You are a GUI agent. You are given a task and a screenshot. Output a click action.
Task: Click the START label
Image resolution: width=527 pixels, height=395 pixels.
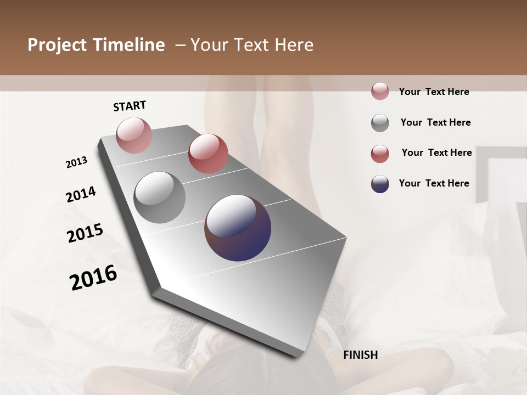click(130, 106)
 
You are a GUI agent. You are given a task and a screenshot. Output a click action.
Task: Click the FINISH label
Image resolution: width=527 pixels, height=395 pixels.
click(360, 355)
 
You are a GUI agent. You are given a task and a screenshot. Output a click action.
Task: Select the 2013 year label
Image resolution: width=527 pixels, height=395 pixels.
click(77, 162)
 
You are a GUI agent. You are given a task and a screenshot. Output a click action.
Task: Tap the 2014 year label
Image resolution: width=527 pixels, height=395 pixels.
click(81, 194)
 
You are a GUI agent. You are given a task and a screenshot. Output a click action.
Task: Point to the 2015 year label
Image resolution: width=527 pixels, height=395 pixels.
click(85, 233)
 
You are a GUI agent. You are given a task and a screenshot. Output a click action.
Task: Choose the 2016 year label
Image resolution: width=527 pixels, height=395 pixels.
click(93, 278)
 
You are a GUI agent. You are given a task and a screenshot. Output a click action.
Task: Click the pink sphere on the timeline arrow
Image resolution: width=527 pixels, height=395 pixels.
click(134, 135)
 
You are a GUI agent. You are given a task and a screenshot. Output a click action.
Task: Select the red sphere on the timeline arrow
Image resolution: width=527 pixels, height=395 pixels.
click(208, 154)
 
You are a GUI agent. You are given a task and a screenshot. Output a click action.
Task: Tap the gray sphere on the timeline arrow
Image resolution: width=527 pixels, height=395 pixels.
click(159, 198)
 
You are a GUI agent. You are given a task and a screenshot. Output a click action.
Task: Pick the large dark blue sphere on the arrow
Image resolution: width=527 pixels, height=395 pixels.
click(238, 228)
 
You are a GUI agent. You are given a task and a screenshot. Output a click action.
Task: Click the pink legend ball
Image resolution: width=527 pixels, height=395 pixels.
click(380, 91)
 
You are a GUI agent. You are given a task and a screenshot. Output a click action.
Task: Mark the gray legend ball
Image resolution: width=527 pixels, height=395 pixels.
click(380, 123)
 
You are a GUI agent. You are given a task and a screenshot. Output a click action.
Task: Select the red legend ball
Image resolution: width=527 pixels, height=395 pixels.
click(380, 154)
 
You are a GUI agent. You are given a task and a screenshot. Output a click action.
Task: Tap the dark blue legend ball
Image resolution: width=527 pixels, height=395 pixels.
click(380, 184)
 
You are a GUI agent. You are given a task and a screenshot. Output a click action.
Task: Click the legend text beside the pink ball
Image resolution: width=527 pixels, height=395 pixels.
click(434, 92)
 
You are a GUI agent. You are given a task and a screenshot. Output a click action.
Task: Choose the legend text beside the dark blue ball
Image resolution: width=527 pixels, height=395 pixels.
click(434, 183)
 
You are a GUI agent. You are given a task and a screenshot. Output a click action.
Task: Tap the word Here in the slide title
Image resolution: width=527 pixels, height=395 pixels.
click(293, 45)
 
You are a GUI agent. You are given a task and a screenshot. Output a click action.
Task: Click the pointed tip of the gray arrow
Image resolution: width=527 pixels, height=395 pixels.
click(296, 356)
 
